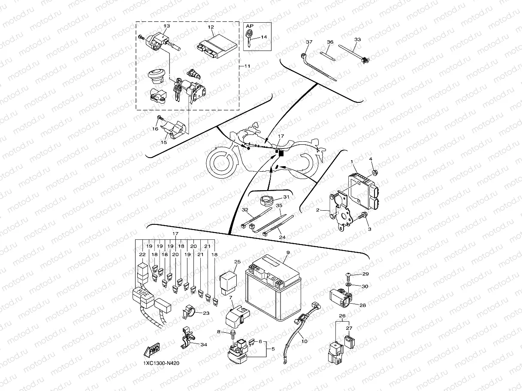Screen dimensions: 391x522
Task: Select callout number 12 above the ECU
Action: (211, 27)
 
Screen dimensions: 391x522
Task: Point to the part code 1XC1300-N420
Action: (161, 363)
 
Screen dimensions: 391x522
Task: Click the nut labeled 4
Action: (374, 173)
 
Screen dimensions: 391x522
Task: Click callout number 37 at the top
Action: (309, 42)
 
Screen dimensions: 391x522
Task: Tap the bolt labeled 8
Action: (232, 332)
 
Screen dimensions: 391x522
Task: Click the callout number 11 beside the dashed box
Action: (247, 66)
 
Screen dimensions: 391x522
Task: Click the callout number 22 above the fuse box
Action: (142, 254)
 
